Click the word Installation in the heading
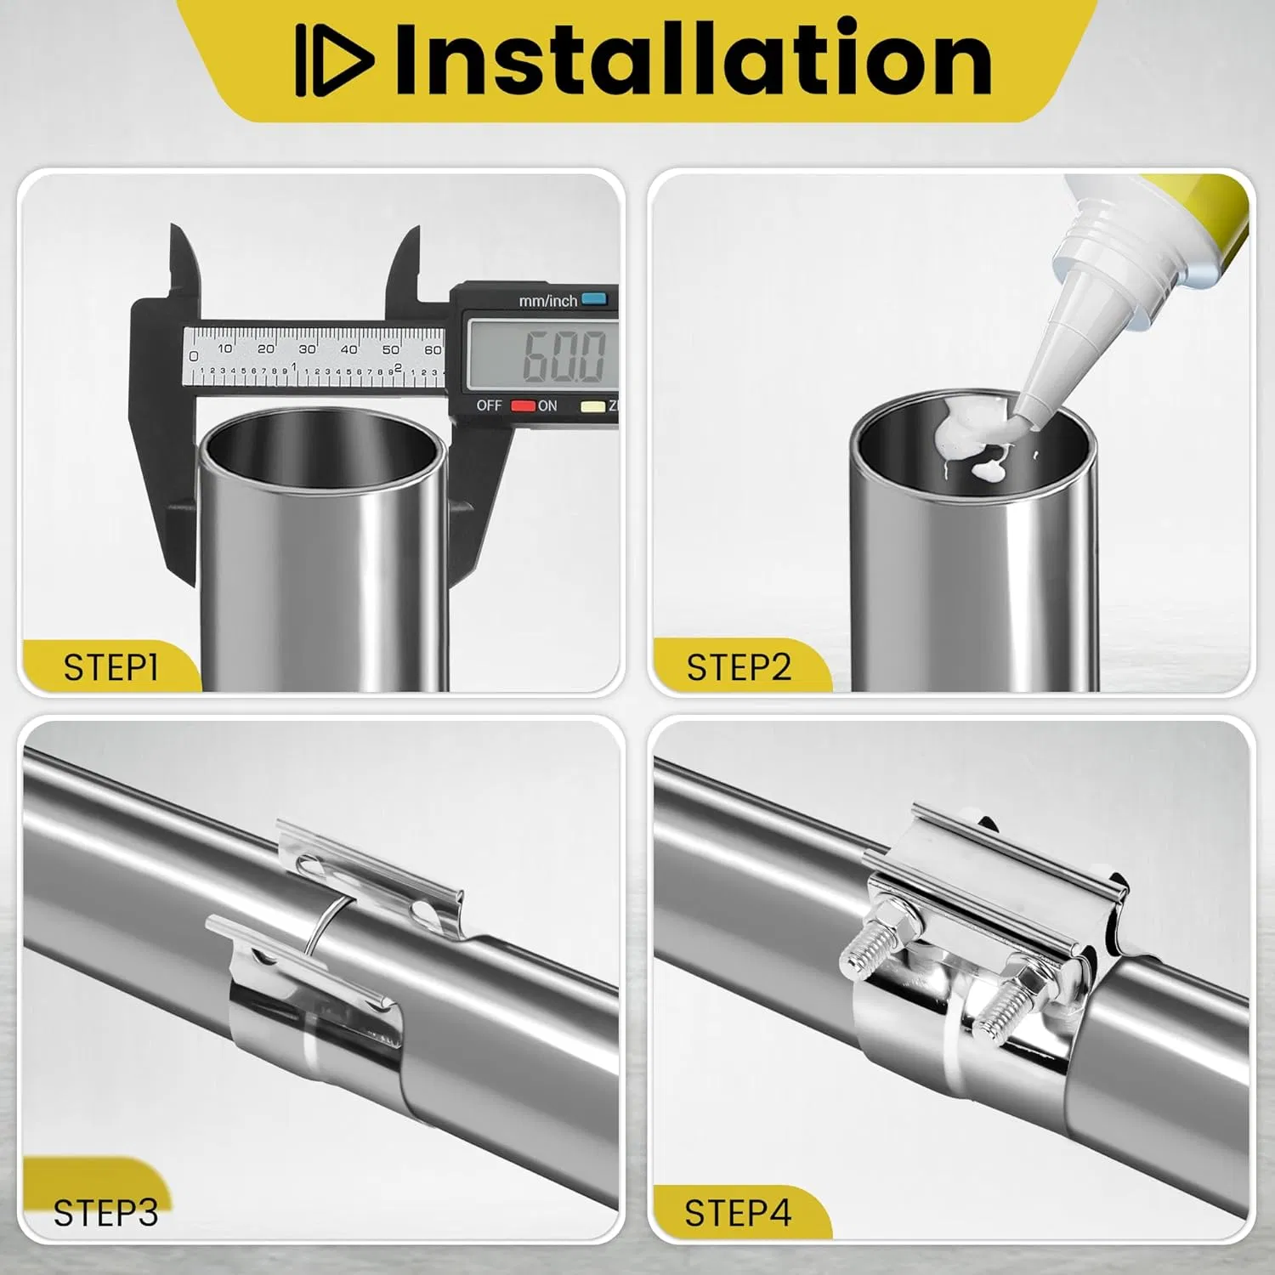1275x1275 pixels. [694, 58]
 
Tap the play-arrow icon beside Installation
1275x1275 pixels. [335, 59]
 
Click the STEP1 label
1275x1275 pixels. [110, 667]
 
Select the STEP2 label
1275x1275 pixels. [739, 667]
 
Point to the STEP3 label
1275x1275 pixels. [105, 1213]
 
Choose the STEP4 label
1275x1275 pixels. [738, 1213]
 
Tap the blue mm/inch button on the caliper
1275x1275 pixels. [594, 298]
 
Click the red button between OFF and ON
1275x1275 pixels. [523, 405]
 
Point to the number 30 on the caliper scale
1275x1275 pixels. [307, 348]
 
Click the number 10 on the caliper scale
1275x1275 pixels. [224, 348]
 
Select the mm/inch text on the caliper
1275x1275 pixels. [548, 301]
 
